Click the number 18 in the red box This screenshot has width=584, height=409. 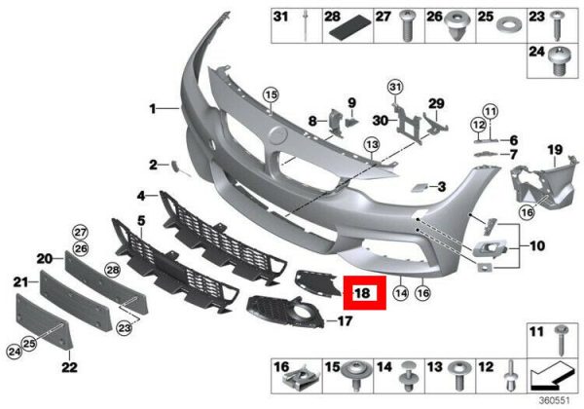tap(362, 293)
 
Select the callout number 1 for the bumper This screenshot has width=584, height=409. tap(153, 109)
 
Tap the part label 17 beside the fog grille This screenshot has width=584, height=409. tap(345, 320)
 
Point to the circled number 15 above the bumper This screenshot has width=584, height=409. tap(271, 94)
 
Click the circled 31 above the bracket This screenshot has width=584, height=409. tap(395, 88)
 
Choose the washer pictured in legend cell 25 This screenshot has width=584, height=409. tap(509, 26)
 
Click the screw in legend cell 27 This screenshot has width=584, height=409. tap(406, 25)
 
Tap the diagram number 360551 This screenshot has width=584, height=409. tap(555, 401)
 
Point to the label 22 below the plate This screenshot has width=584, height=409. tap(69, 367)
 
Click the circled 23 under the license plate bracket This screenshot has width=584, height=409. tap(124, 328)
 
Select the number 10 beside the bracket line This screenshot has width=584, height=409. tap(537, 245)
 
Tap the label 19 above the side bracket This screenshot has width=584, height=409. tap(555, 150)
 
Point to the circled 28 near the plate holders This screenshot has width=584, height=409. tap(113, 270)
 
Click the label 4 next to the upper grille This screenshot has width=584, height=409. tap(141, 196)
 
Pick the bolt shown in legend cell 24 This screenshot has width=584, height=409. tap(558, 60)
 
